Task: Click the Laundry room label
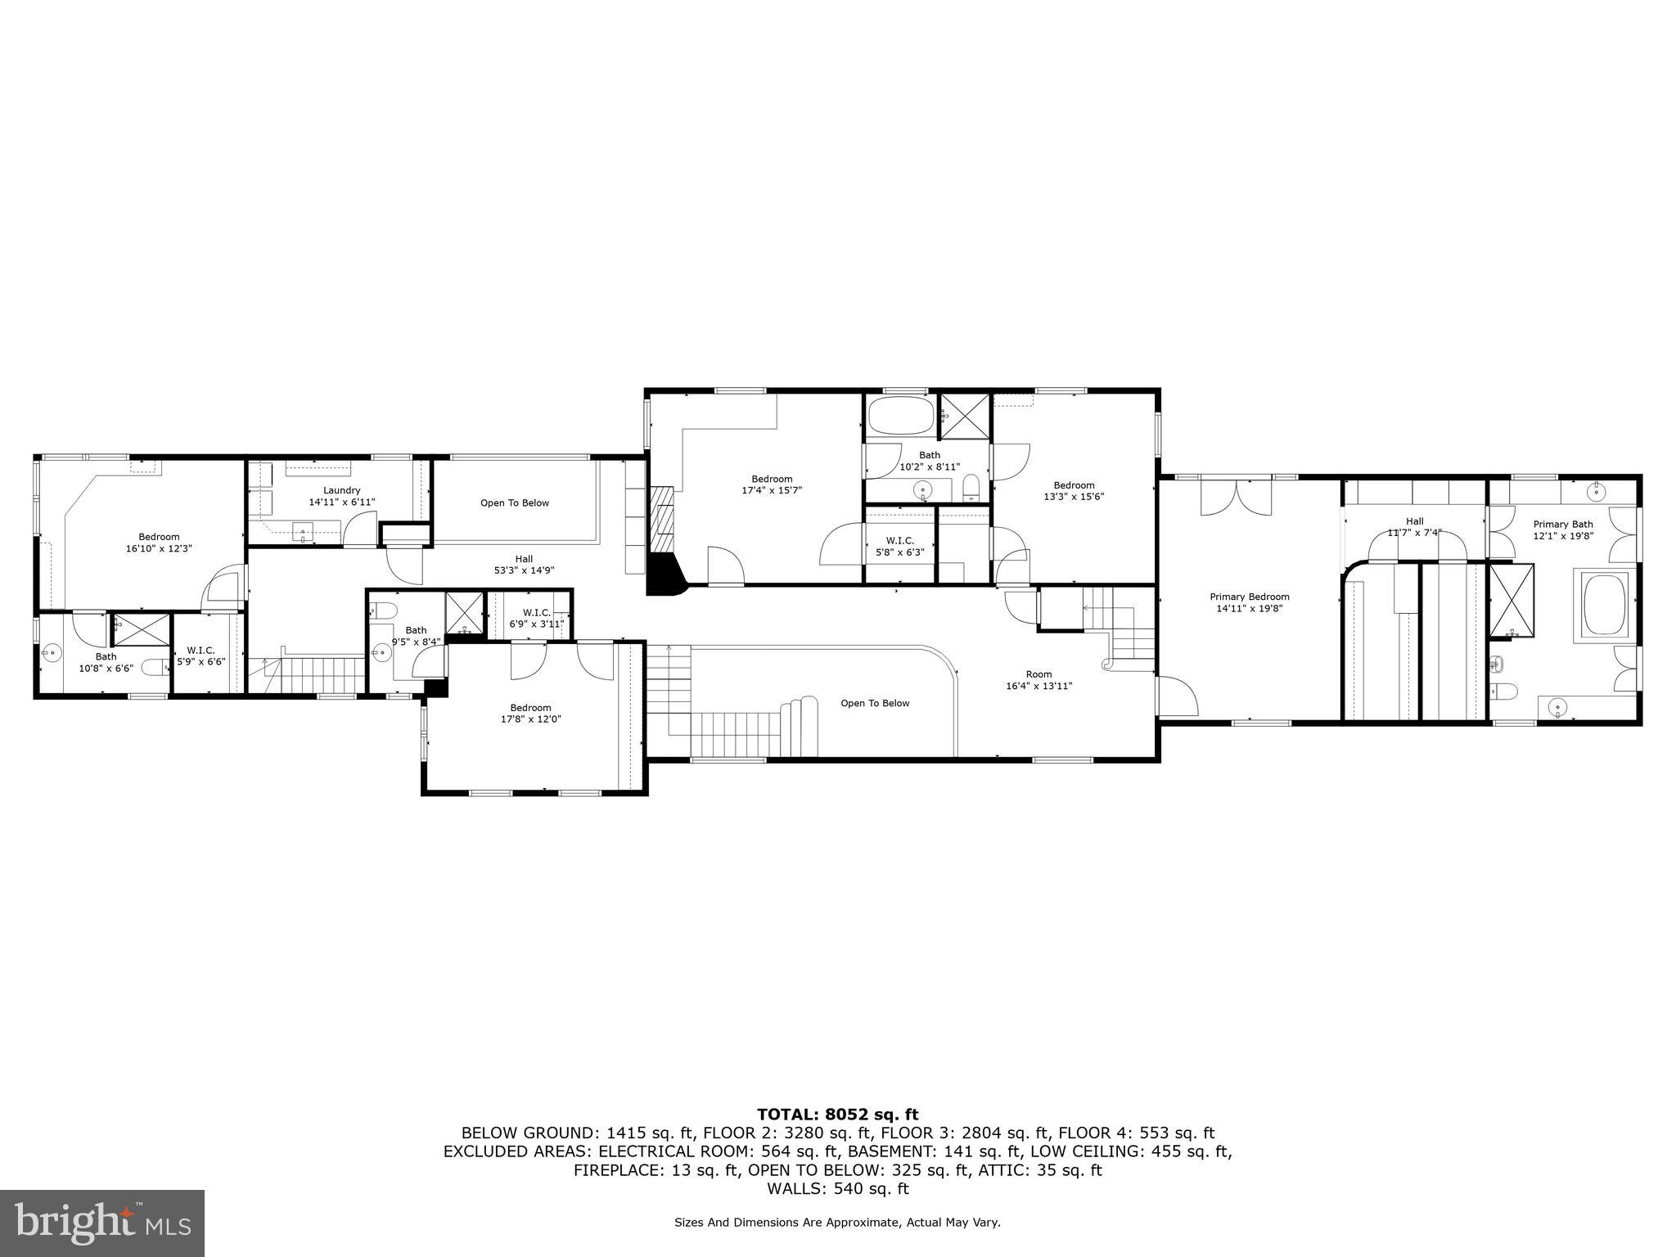[341, 490]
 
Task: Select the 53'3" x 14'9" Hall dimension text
[524, 570]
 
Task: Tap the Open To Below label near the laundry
[514, 502]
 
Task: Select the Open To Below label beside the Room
[874, 703]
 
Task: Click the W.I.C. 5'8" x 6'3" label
[899, 546]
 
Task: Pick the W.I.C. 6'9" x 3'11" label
[536, 618]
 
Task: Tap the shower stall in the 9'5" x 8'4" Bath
[464, 614]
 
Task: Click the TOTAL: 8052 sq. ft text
[837, 1114]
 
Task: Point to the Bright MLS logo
[102, 1223]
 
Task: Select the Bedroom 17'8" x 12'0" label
[530, 713]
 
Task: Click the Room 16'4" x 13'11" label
[1038, 680]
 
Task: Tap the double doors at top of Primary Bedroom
[1236, 497]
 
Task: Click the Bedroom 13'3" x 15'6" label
[1074, 490]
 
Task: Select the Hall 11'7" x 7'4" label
[1414, 526]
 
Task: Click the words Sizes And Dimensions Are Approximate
[786, 1223]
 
